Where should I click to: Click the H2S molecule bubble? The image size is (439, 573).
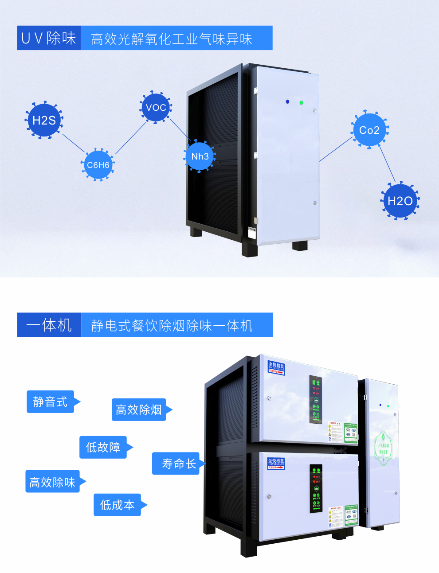pyautogui.click(x=44, y=120)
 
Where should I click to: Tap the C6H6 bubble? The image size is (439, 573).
pyautogui.click(x=98, y=165)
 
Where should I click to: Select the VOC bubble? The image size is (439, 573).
pyautogui.click(x=156, y=107)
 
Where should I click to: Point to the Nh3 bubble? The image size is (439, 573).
pyautogui.click(x=200, y=156)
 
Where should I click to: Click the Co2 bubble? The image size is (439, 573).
pyautogui.click(x=369, y=130)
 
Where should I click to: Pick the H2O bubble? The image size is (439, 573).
pyautogui.click(x=400, y=201)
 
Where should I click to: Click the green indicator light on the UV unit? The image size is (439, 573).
pyautogui.click(x=301, y=103)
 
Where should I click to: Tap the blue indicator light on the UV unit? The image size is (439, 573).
pyautogui.click(x=287, y=101)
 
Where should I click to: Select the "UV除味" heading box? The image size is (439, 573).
pyautogui.click(x=49, y=38)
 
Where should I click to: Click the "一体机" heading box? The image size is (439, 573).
pyautogui.click(x=49, y=325)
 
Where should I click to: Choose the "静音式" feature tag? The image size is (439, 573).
pyautogui.click(x=50, y=402)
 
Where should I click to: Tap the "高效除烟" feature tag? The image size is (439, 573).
pyautogui.click(x=139, y=409)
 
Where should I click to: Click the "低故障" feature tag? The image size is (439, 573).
pyautogui.click(x=103, y=447)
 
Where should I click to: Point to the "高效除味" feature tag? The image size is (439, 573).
pyautogui.click(x=52, y=482)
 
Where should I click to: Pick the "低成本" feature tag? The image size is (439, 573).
pyautogui.click(x=117, y=505)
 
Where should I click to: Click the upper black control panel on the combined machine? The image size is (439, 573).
pyautogui.click(x=316, y=400)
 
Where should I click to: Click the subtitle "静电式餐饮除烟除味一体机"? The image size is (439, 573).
pyautogui.click(x=172, y=326)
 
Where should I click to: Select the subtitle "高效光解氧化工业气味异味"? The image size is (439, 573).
pyautogui.click(x=172, y=39)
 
